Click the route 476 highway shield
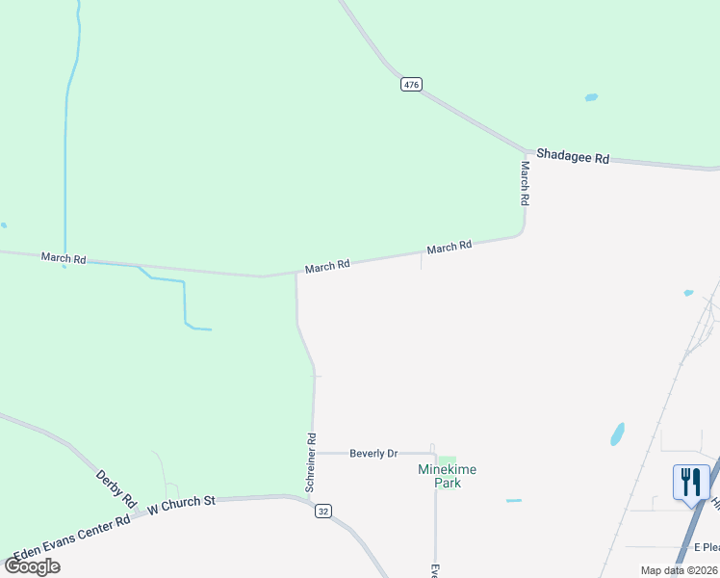pos(411,85)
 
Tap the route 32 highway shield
pos(323,512)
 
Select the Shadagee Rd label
pos(573,156)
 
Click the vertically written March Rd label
pos(526,183)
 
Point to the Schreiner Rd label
pos(311,462)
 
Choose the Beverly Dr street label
pos(373,453)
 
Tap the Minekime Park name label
pos(447,476)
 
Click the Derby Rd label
pos(116,489)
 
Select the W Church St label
pos(181,503)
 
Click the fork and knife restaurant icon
pos(691,482)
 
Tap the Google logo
pos(33,565)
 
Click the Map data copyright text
pos(679,570)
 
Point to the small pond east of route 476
pos(591,97)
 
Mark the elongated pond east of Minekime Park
pos(617,434)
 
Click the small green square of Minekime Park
pos(447,461)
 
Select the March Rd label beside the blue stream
pos(64,258)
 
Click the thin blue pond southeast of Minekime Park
pos(514,501)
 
